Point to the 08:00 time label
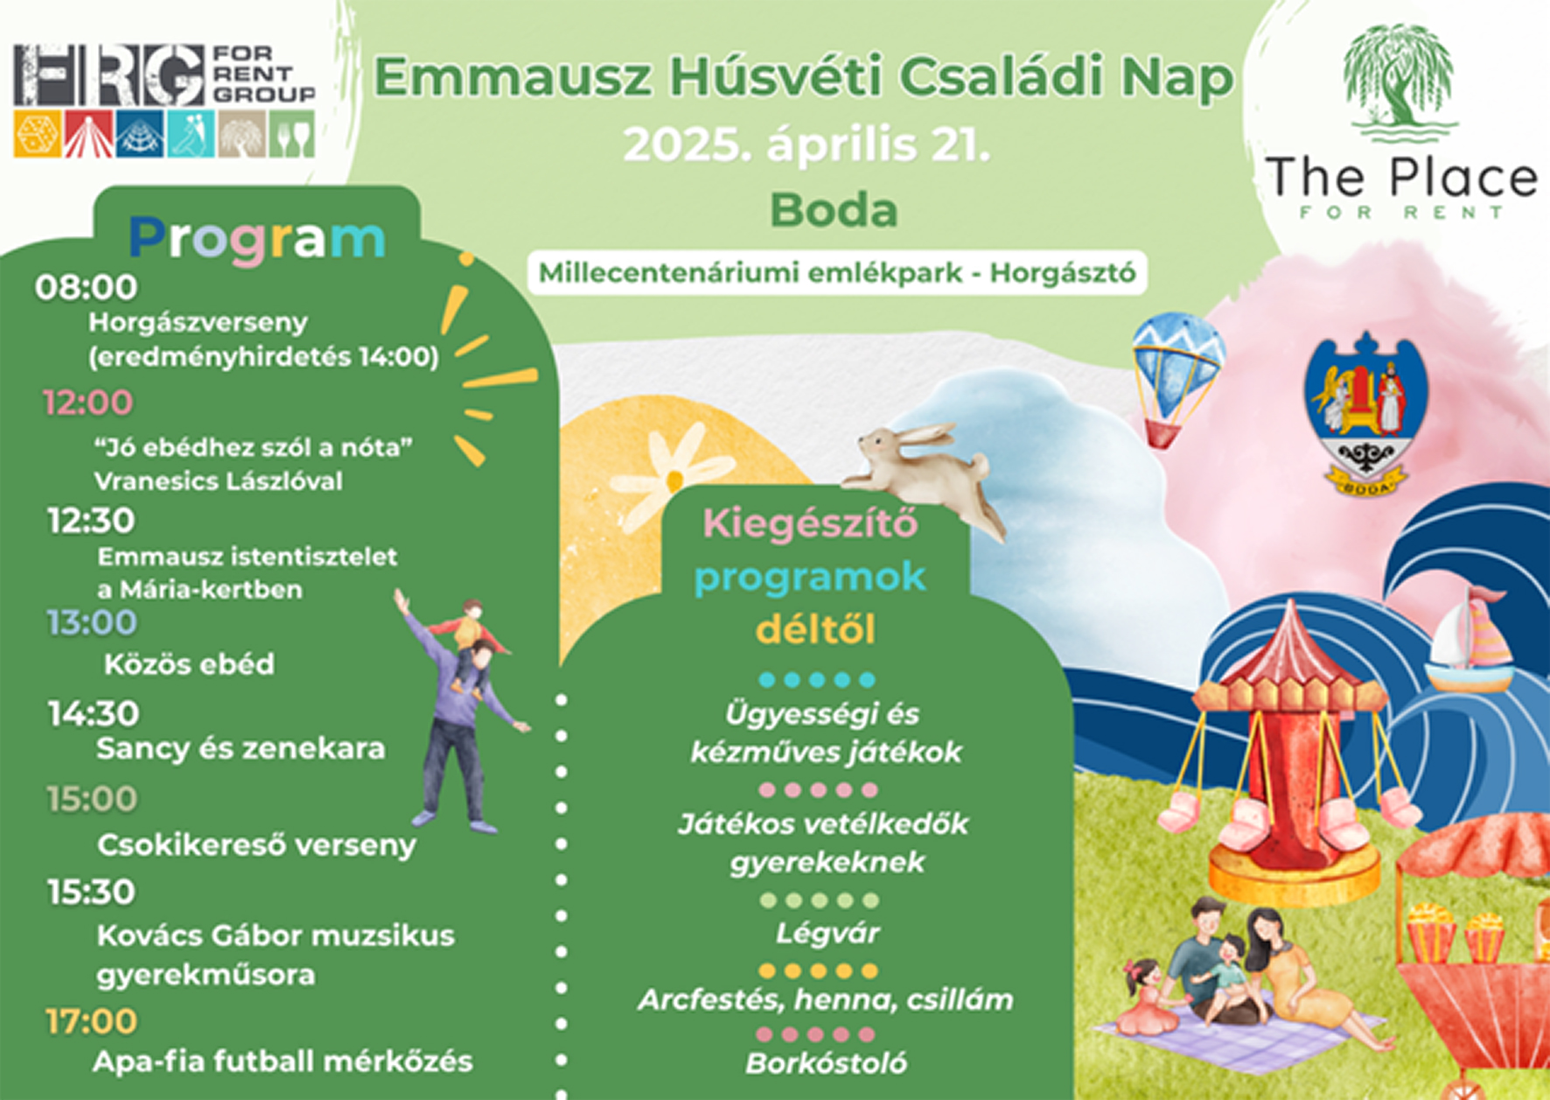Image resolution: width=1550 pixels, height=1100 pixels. (86, 287)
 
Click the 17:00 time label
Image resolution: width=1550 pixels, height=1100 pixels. (91, 1021)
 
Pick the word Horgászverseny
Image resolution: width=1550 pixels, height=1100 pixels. (199, 323)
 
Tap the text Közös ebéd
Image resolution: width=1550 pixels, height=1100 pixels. (189, 664)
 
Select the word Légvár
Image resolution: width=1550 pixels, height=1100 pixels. (827, 934)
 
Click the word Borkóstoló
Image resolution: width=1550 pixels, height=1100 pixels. (827, 1063)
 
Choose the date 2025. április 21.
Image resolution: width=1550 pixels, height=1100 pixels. (806, 144)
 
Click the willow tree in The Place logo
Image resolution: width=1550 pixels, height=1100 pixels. (1400, 83)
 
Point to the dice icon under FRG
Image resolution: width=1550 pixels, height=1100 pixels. (38, 134)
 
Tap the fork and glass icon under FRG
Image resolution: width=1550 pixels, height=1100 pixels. (292, 134)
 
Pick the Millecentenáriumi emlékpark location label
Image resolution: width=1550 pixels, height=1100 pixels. (837, 272)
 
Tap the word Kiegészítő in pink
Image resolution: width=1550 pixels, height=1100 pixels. (810, 523)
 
